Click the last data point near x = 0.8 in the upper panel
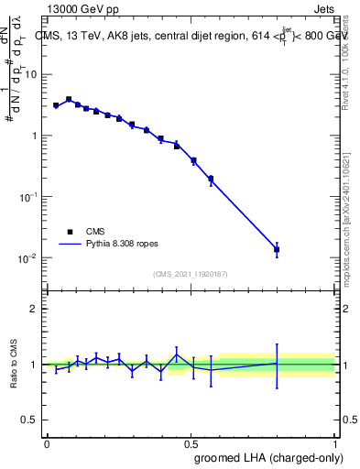(x=277, y=249)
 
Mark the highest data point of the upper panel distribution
(x=69, y=99)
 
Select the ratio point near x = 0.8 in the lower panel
(x=277, y=364)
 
